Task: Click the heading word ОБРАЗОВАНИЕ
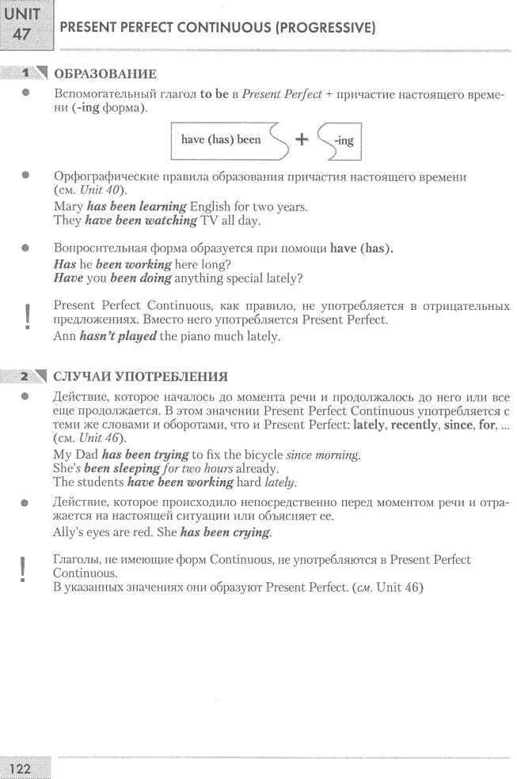[x=104, y=74]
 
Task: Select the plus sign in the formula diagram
[x=301, y=140]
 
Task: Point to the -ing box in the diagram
[x=340, y=141]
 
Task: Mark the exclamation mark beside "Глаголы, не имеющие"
[x=27, y=570]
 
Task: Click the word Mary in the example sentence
[x=67, y=207]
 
